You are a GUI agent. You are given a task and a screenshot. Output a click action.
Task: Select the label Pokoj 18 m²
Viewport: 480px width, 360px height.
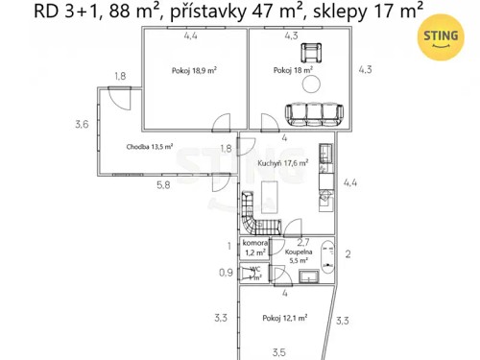(x=293, y=70)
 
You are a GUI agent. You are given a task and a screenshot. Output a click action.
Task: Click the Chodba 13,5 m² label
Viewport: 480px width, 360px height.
(x=149, y=147)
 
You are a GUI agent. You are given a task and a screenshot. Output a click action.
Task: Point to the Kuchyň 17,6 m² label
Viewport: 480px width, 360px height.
(x=282, y=163)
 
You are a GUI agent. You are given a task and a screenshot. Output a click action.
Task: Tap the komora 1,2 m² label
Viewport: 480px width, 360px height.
(x=255, y=249)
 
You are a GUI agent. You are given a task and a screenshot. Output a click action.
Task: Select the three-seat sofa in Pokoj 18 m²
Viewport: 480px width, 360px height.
(x=311, y=115)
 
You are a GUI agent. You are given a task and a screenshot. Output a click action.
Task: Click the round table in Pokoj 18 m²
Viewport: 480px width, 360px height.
(x=312, y=84)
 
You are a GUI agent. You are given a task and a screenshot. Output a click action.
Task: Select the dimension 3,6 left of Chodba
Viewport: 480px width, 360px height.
(x=82, y=124)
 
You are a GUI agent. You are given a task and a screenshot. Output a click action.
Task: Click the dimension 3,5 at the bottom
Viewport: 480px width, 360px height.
(x=279, y=351)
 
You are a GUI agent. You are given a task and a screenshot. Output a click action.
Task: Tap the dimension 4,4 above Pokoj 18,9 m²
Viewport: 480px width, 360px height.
(x=192, y=36)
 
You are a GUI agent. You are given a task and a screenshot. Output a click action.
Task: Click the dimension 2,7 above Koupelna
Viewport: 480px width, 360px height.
(x=301, y=241)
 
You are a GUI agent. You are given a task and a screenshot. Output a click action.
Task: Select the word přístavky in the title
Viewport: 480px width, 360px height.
(x=203, y=12)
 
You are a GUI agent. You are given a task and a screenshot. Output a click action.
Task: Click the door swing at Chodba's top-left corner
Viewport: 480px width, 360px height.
(x=119, y=98)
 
